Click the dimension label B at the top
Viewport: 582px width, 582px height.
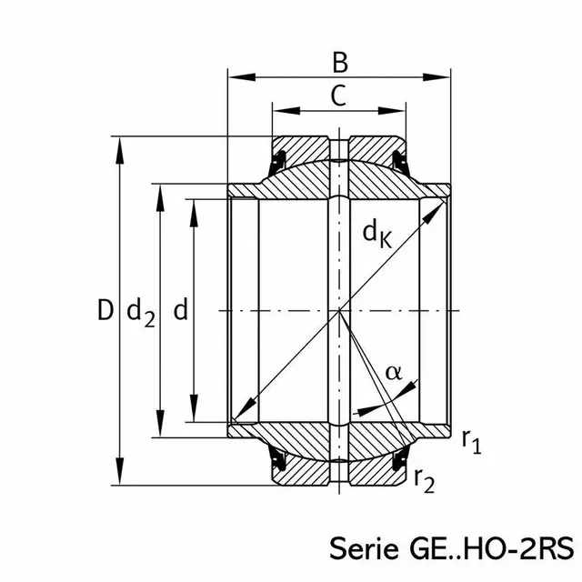(339, 63)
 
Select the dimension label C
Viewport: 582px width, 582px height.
(338, 95)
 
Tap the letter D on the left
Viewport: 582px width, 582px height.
(105, 311)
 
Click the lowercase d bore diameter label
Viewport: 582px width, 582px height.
(180, 311)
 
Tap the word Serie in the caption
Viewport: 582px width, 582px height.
(360, 550)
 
